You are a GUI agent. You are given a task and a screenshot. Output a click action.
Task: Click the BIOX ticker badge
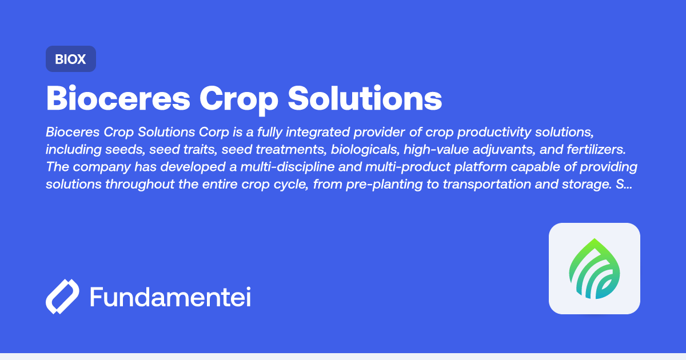coord(70,59)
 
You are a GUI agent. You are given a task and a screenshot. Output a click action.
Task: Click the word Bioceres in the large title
coord(118,98)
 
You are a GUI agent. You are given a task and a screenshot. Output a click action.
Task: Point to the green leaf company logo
coord(594,269)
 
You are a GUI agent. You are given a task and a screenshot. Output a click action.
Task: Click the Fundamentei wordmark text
coord(170,297)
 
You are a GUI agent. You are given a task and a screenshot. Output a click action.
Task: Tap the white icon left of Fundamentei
coord(62,297)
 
